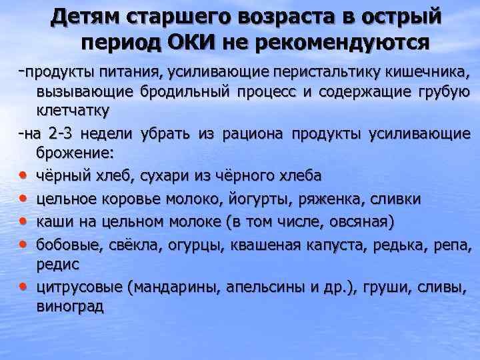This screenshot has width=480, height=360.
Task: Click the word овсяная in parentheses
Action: coord(352,221)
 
